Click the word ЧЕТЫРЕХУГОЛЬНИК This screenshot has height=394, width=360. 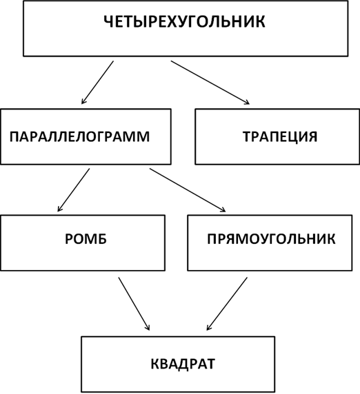[184, 22]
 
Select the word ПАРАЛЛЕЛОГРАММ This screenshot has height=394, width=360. [80, 136]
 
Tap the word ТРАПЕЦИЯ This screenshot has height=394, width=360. [280, 136]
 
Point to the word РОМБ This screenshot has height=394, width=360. [86, 239]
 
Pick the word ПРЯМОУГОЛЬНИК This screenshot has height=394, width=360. [271, 239]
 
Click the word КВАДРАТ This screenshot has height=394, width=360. [183, 364]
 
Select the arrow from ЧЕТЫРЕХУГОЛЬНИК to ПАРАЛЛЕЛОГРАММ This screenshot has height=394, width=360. [97, 82]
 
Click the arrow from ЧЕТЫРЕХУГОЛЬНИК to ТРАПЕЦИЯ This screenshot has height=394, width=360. [210, 82]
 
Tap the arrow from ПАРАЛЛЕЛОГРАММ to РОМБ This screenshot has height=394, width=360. [74, 189]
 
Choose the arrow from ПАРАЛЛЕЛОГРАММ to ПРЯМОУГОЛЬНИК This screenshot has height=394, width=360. [188, 190]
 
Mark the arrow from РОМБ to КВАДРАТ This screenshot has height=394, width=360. [134, 304]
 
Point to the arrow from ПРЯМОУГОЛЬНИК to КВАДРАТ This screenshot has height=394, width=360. [227, 304]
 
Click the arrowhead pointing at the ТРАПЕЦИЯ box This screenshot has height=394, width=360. [246, 102]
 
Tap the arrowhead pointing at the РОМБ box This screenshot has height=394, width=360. [59, 209]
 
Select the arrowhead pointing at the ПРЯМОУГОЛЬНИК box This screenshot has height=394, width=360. [223, 209]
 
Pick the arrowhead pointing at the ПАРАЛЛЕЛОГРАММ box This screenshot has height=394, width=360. [83, 101]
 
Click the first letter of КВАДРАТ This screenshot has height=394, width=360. [155, 364]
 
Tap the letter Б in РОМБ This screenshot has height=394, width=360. [102, 239]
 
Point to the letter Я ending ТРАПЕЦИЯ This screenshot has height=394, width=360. [312, 136]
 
